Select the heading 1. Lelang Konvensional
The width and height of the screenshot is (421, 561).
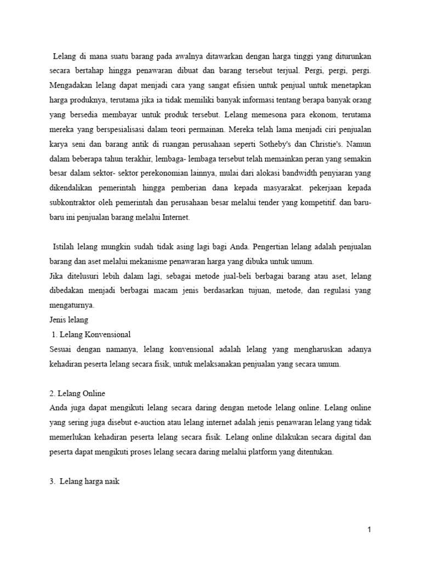pos(90,334)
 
